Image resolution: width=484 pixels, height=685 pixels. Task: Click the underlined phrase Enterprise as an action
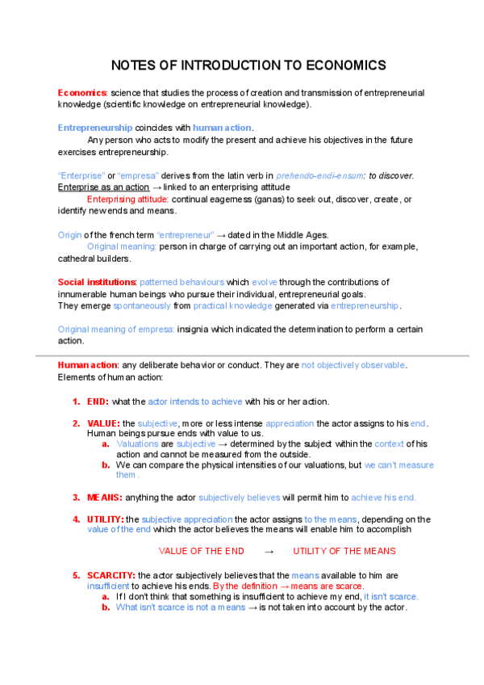click(x=103, y=187)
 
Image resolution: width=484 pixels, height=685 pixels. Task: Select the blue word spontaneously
click(x=142, y=306)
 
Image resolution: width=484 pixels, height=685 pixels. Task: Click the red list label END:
click(x=98, y=401)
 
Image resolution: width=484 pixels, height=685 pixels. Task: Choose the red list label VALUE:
click(x=104, y=423)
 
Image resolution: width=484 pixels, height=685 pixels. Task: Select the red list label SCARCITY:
click(x=111, y=575)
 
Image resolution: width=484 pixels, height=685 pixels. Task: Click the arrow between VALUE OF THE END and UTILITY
click(x=269, y=551)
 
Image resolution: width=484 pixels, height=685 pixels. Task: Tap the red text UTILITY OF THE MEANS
click(x=344, y=551)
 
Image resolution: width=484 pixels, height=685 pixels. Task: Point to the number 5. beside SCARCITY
click(x=77, y=575)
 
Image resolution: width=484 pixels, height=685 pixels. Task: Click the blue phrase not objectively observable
click(x=353, y=365)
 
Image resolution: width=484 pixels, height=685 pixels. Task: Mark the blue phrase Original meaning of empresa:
click(x=116, y=330)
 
